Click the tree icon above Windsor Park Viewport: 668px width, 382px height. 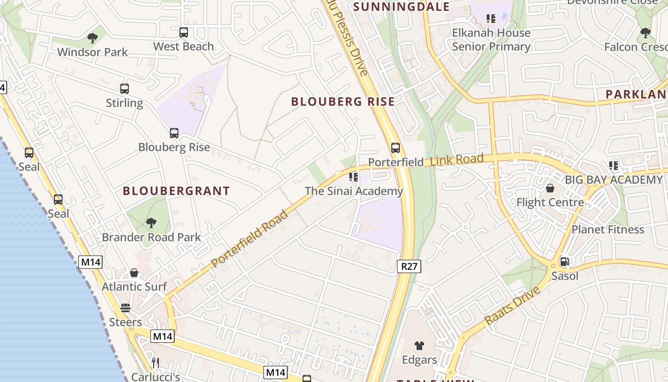coord(93,38)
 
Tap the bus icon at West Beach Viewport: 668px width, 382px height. coord(184,32)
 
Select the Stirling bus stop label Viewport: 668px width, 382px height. coord(124,103)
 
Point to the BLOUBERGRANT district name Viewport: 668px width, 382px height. coord(177,191)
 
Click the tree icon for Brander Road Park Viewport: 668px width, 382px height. coord(151,223)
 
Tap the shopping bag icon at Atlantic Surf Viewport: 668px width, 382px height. coord(134,273)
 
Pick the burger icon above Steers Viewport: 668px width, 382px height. coord(125,308)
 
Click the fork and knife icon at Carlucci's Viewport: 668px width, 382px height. coord(155,363)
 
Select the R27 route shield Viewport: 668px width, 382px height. coord(409,266)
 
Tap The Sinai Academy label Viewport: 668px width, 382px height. coord(354,191)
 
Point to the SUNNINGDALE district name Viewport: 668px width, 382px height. coord(401,7)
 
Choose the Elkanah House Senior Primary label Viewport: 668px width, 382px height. coord(491,40)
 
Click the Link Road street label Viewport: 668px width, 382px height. coord(457,160)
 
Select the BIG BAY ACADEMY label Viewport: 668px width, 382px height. coord(614,180)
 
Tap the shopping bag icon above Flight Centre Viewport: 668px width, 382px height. coord(550,188)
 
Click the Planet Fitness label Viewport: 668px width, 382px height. coord(608,230)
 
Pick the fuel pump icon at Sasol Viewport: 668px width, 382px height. coord(564,262)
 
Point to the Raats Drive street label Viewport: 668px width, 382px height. coord(513,306)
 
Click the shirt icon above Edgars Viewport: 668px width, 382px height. coord(419,346)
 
